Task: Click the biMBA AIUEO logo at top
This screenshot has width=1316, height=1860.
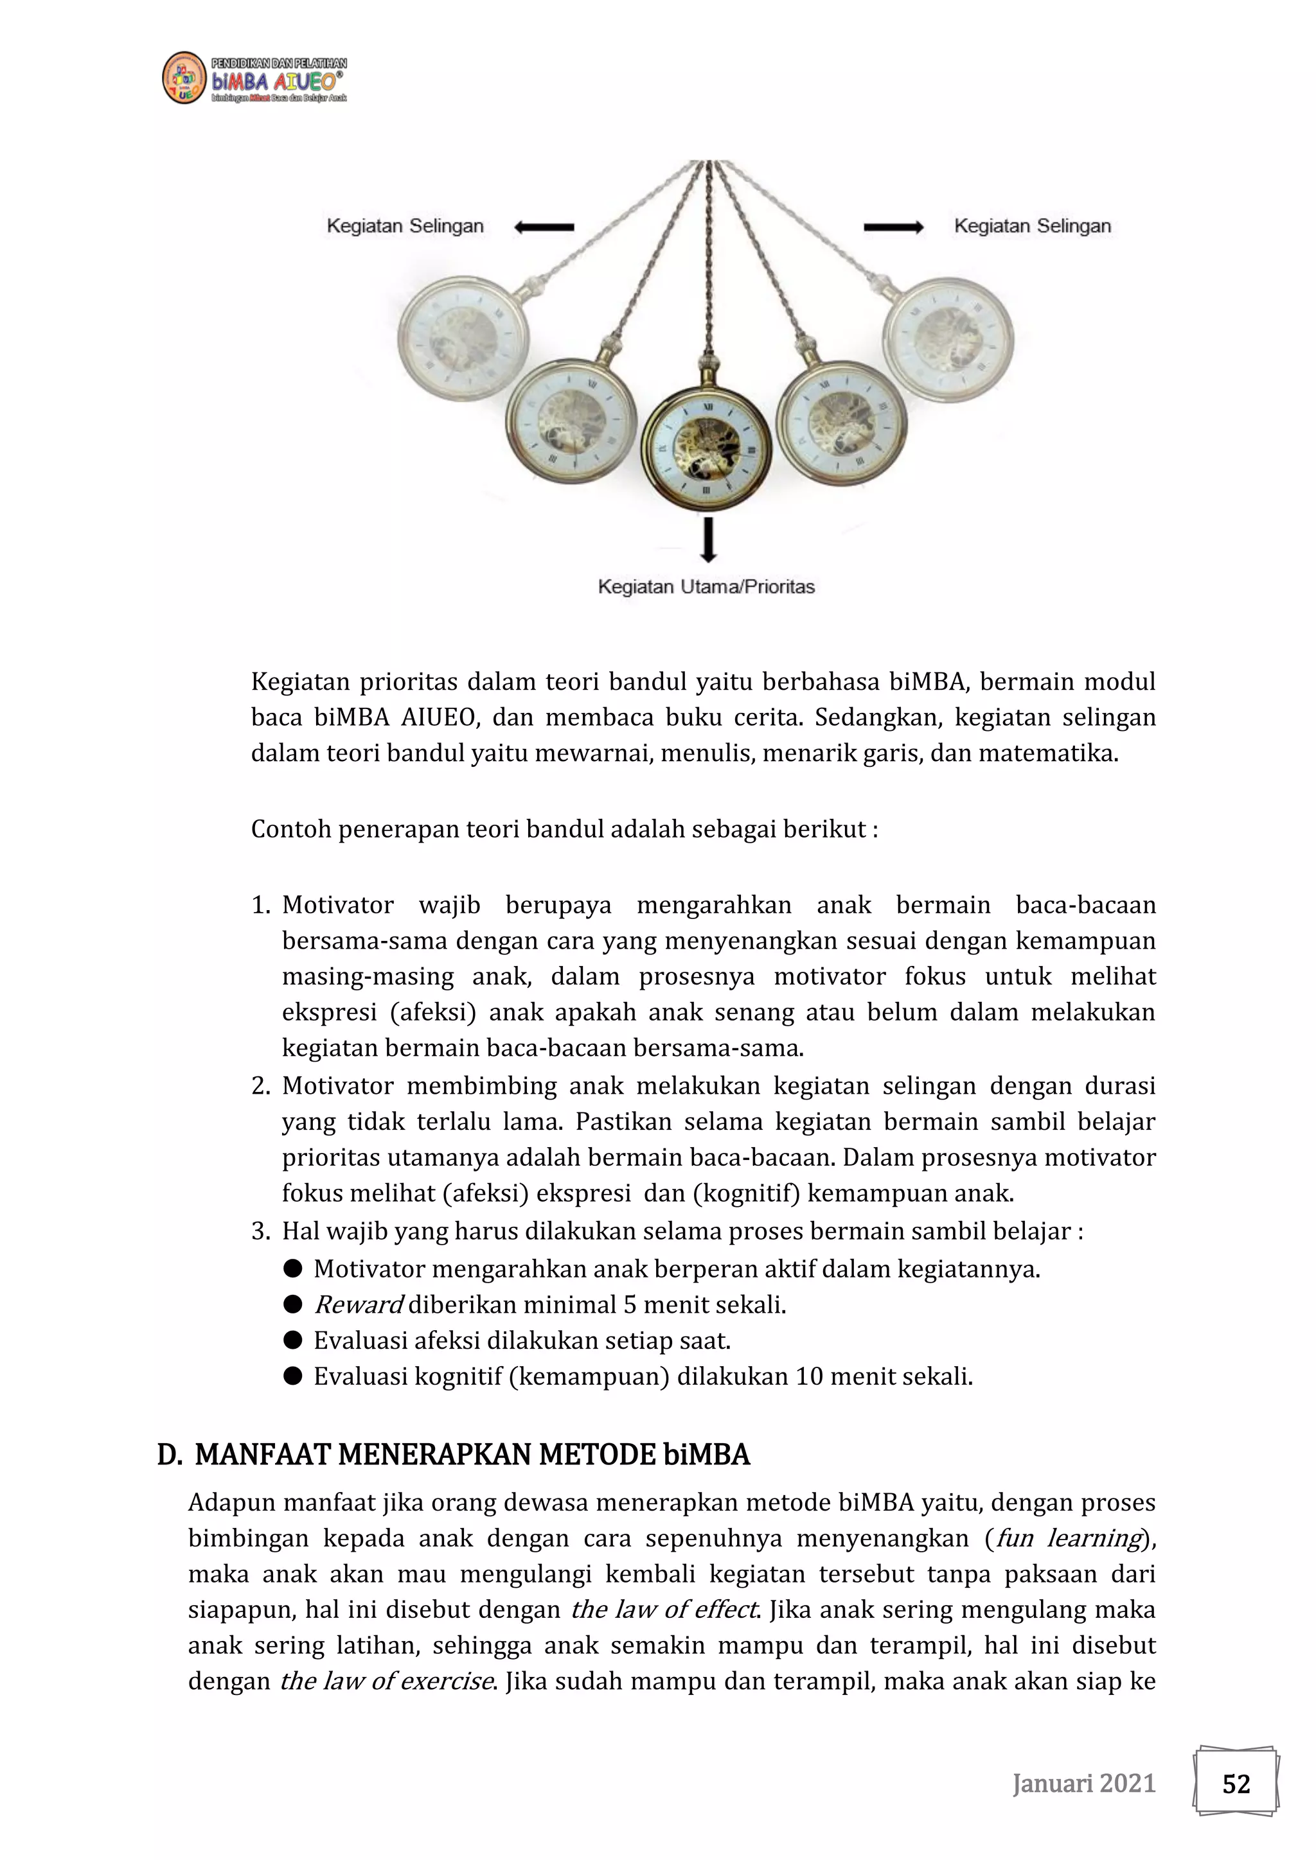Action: click(254, 78)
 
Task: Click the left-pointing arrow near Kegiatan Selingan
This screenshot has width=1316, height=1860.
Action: click(544, 227)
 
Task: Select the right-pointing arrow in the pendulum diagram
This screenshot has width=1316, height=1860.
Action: click(893, 227)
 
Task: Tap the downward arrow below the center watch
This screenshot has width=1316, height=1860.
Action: click(708, 540)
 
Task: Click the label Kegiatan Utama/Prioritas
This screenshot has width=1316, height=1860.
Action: click(706, 586)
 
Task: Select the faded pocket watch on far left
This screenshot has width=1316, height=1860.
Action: click(463, 338)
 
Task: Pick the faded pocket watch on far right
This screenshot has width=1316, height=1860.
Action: click(948, 338)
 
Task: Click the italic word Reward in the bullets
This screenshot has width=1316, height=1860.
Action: click(357, 1304)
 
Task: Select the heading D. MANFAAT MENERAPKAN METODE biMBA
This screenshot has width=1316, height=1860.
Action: click(453, 1455)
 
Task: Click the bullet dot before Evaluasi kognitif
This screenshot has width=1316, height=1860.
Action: click(292, 1376)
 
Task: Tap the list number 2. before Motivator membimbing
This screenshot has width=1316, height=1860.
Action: click(260, 1085)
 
